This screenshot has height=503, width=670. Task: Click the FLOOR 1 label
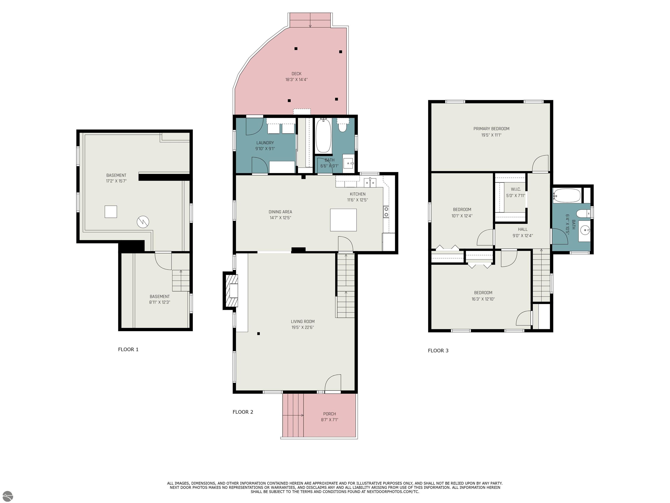click(x=128, y=349)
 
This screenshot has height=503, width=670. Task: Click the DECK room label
click(x=297, y=74)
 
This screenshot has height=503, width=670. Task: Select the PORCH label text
click(x=330, y=414)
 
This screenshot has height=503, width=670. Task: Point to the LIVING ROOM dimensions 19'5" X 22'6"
click(x=303, y=327)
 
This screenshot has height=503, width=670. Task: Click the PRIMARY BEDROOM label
click(x=491, y=129)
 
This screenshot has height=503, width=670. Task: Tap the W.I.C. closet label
click(x=516, y=189)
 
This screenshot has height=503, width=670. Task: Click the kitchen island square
click(x=343, y=220)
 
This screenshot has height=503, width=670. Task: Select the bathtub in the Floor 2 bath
click(x=323, y=136)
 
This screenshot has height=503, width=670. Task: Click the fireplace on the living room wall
click(x=231, y=291)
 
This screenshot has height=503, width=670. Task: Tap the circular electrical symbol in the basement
click(x=143, y=222)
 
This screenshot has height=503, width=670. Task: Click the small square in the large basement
click(x=111, y=212)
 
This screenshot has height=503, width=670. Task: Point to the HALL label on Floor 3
click(x=523, y=229)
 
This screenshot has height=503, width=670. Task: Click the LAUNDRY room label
click(x=265, y=143)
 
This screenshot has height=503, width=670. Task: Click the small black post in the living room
click(x=258, y=334)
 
